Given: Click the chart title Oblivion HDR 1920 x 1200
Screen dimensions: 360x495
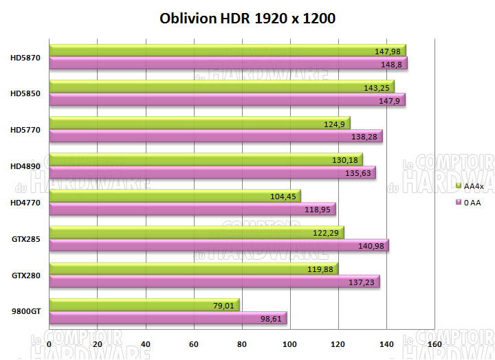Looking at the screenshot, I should pos(247,19).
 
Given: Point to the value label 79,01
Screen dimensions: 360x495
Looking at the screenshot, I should pos(224,305).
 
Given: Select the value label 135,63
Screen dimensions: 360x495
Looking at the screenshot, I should pos(360,172).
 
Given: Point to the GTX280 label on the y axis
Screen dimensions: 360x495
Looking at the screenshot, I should pos(26,275).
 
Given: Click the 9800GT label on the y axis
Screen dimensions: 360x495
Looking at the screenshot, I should pos(26,311).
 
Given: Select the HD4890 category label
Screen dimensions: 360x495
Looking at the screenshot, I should pos(25,166).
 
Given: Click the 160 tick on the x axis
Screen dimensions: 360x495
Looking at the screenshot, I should pos(434,343).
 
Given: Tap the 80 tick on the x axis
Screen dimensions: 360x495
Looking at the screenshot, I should pos(241,343).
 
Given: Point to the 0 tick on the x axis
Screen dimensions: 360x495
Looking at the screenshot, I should pos(49,343).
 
